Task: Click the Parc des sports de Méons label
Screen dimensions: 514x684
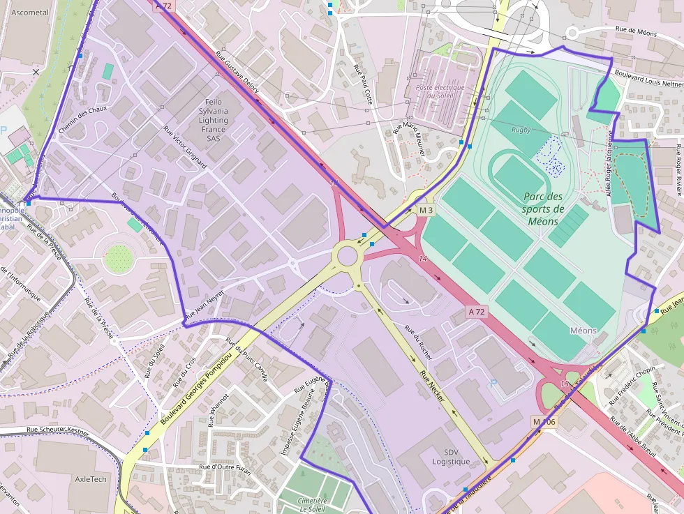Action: (543, 209)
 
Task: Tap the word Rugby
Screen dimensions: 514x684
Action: (521, 130)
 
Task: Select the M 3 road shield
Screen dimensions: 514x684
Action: (426, 210)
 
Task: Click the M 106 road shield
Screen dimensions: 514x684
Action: (544, 422)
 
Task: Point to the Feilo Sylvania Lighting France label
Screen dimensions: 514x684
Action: (213, 120)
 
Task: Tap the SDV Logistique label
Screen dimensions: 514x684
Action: (451, 457)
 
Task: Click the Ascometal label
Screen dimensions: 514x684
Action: (31, 13)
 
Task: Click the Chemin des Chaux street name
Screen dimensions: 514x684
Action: (83, 120)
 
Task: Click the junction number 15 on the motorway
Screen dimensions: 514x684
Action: (564, 384)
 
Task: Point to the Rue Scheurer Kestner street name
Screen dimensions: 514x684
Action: (58, 432)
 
